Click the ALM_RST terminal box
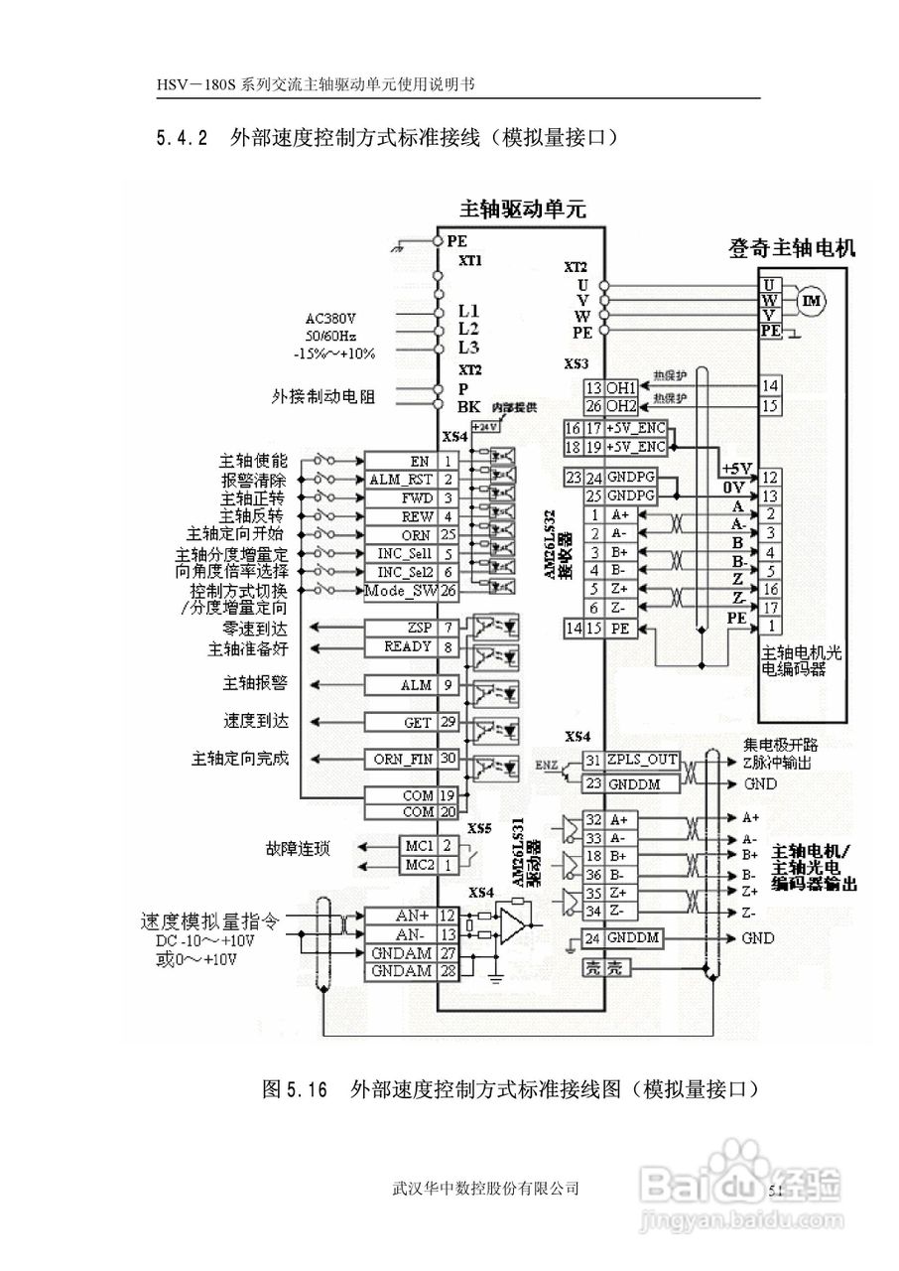point(402,480)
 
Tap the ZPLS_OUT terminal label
point(641,761)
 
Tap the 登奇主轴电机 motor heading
point(791,247)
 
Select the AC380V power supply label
point(330,320)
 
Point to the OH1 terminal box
point(621,387)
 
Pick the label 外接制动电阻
point(317,396)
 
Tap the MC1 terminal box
point(420,846)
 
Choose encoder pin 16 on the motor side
point(770,589)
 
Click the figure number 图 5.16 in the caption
point(294,1089)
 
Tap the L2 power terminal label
point(468,329)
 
